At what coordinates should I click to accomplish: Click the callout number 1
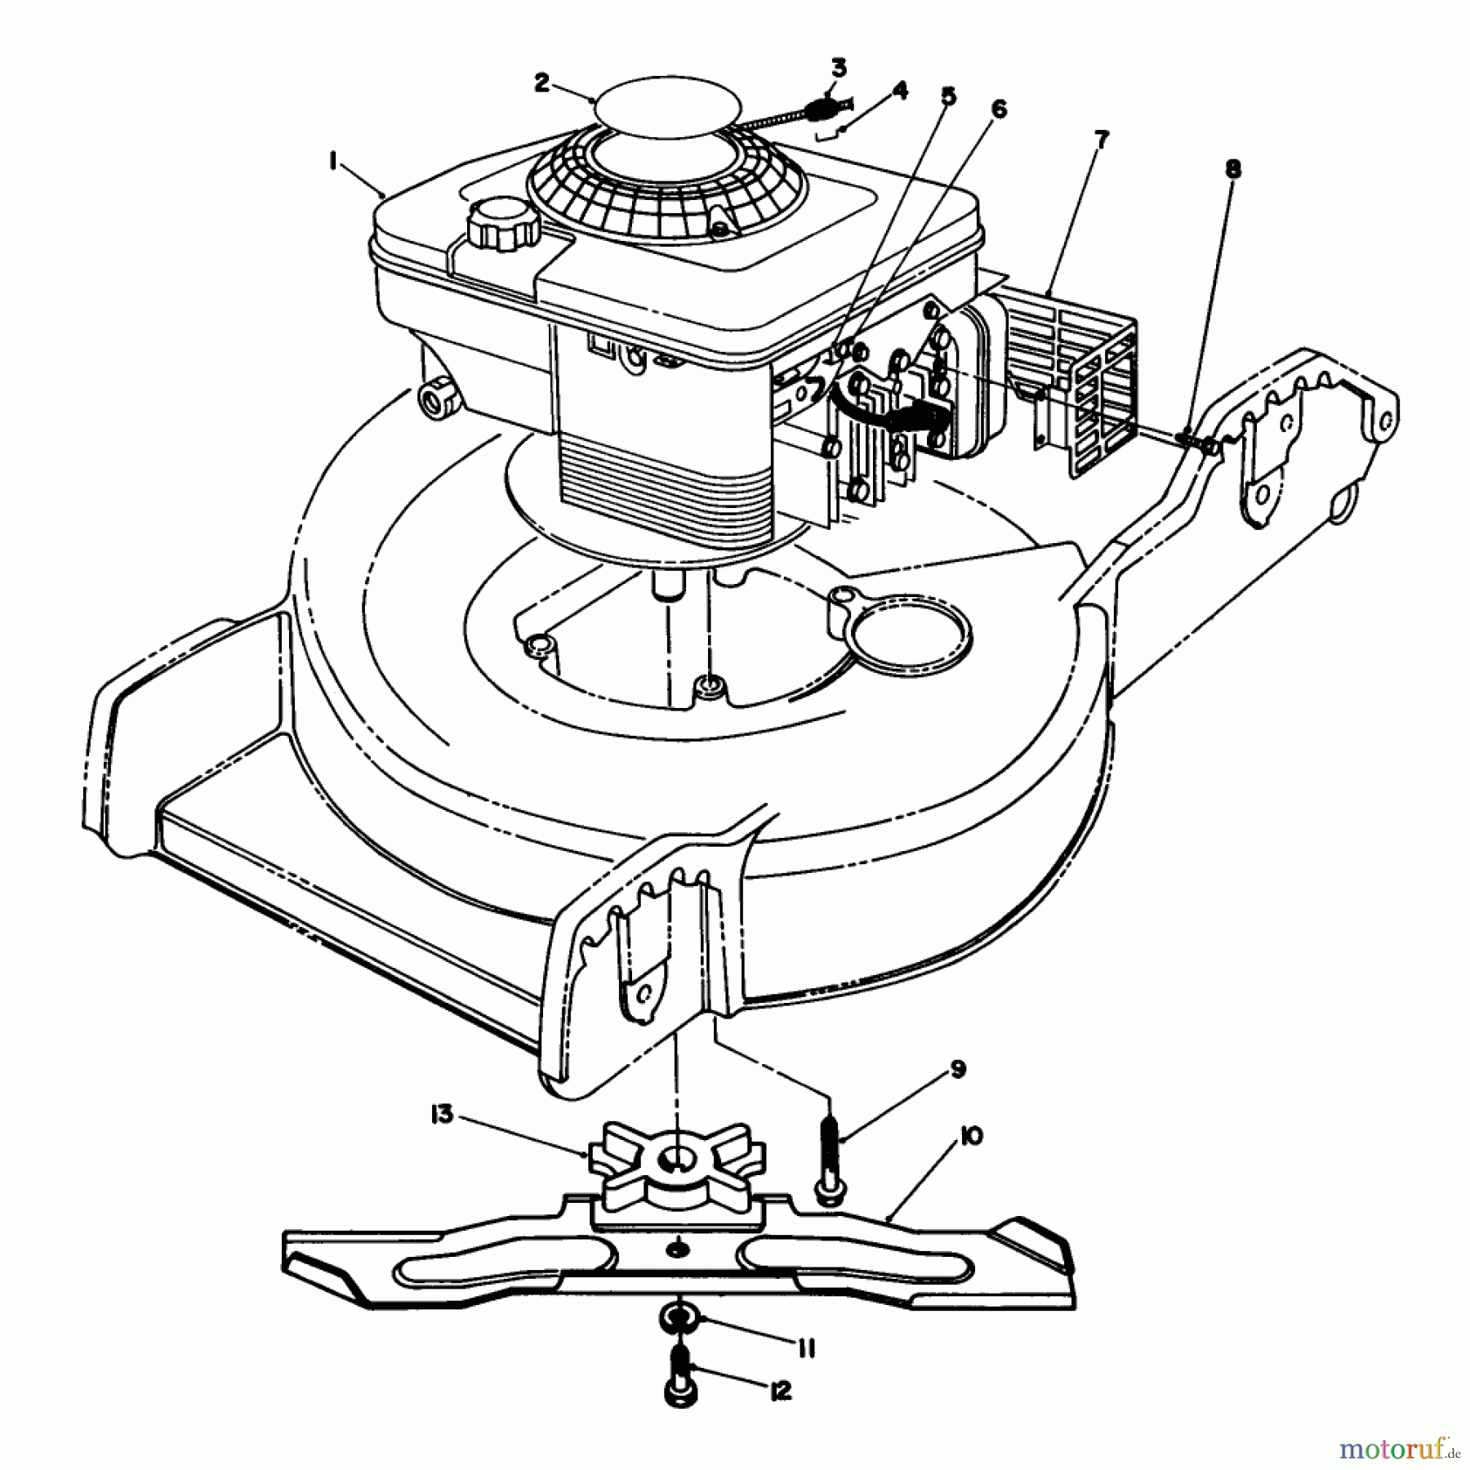pyautogui.click(x=333, y=162)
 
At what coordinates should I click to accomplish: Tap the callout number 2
pyautogui.click(x=542, y=82)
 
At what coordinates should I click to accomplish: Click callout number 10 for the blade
pyautogui.click(x=972, y=1136)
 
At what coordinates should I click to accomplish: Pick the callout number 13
pyautogui.click(x=442, y=1115)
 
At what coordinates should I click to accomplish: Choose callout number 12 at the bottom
pyautogui.click(x=780, y=1391)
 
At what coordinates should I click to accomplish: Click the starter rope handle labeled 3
pyautogui.click(x=826, y=108)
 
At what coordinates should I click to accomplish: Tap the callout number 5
pyautogui.click(x=947, y=96)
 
